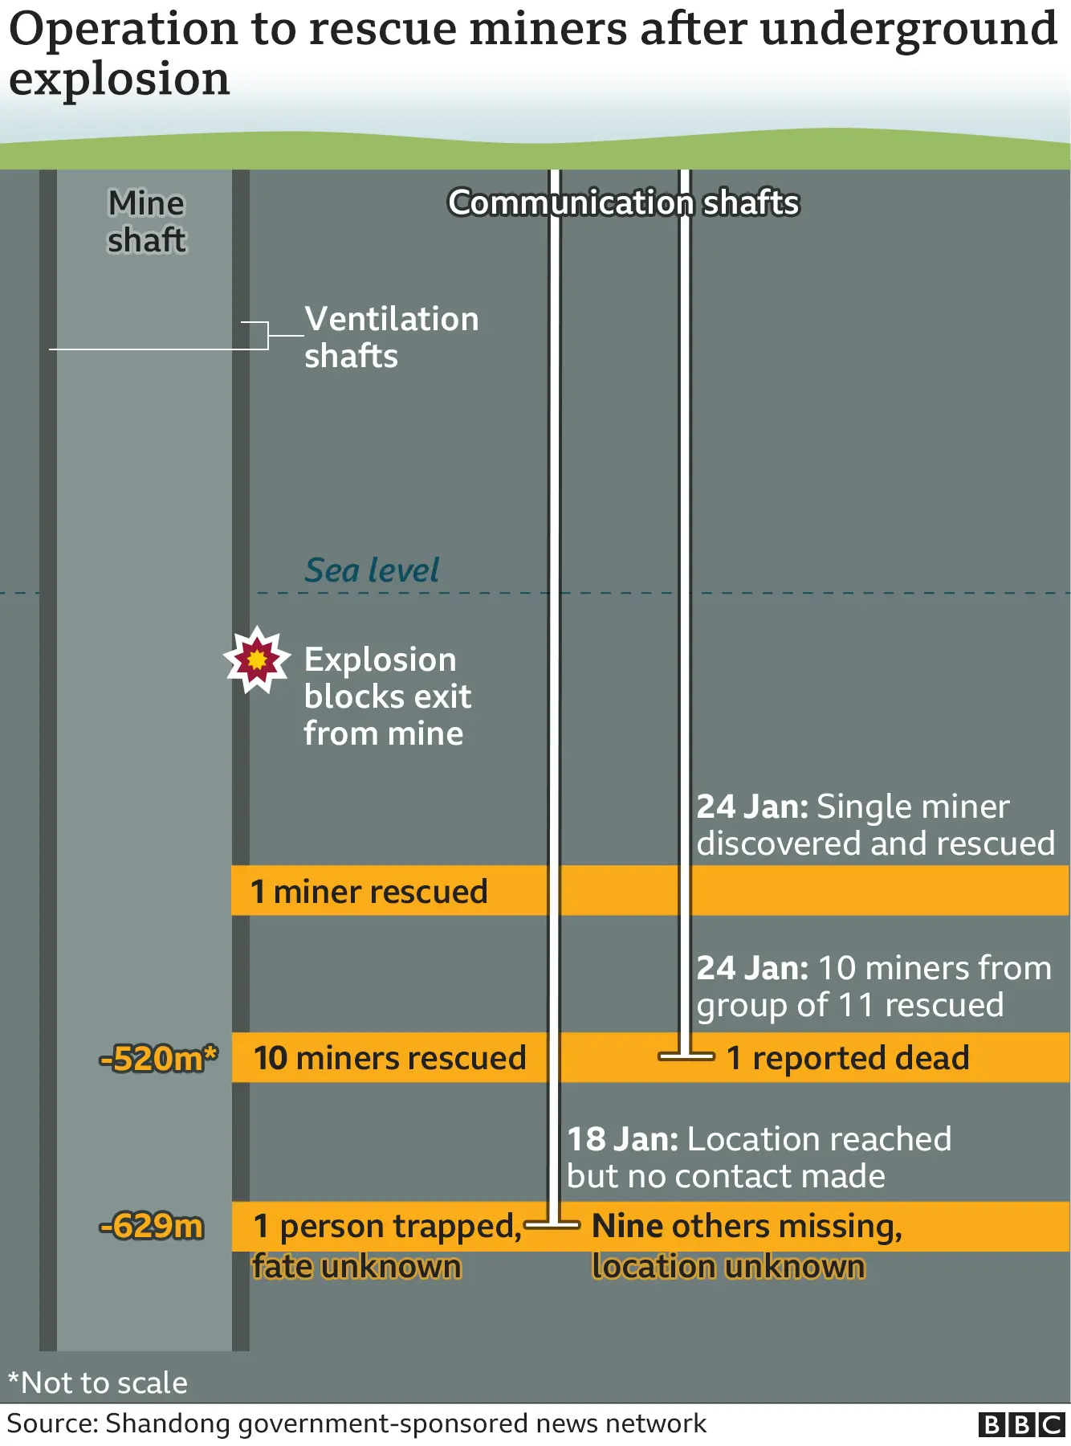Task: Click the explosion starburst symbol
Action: pos(256,660)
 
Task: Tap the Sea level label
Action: pos(372,570)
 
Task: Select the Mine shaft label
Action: pos(146,222)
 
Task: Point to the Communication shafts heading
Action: pos(623,202)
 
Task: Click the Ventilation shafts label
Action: pos(391,337)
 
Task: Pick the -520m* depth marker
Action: pos(158,1059)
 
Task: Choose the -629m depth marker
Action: pos(151,1227)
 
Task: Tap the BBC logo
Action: pos(1021,1425)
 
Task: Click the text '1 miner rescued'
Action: pos(369,892)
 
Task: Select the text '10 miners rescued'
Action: pos(390,1058)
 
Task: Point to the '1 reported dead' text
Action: pos(848,1058)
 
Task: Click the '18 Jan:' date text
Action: pos(623,1139)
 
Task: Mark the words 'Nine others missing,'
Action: pos(747,1227)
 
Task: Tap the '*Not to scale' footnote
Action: pos(98,1383)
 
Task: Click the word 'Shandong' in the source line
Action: pos(168,1424)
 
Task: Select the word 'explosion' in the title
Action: pos(120,79)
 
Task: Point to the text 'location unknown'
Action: pos(728,1267)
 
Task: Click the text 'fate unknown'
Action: pos(356,1267)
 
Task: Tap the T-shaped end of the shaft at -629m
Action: pos(552,1225)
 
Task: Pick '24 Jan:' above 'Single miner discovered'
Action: pos(752,807)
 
